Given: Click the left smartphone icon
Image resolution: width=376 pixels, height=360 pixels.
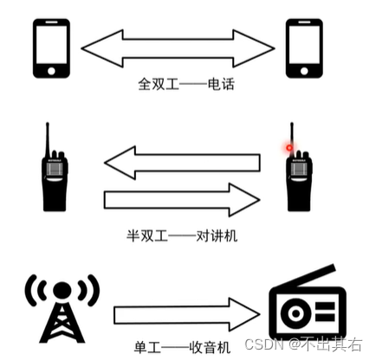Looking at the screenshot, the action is [51, 48].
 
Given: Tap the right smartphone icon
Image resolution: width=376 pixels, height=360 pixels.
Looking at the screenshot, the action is [304, 48].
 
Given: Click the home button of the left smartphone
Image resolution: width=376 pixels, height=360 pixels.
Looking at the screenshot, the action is [51, 71].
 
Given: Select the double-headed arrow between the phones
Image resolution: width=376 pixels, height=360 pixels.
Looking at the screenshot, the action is [178, 48].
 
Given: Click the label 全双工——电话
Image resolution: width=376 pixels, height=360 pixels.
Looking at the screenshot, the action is [186, 84].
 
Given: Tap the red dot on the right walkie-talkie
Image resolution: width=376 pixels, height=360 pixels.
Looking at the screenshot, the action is [289, 148].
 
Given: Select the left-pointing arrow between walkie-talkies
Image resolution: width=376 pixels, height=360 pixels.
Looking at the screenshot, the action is [182, 163].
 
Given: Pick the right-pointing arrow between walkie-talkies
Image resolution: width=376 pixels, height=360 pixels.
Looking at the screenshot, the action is [182, 200].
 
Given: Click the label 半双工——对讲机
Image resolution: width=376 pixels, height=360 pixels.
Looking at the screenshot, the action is [182, 236].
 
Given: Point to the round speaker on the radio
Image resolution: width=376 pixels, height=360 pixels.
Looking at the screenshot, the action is [295, 313].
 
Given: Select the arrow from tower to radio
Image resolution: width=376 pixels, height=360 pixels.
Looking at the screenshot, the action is [186, 314].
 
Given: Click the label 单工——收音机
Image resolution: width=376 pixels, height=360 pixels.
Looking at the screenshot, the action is [183, 347].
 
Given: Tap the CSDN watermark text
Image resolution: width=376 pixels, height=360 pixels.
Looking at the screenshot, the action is [303, 344].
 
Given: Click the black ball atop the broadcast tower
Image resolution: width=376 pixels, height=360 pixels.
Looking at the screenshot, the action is [62, 290].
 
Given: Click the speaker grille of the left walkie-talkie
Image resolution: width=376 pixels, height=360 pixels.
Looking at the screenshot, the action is [55, 169].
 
